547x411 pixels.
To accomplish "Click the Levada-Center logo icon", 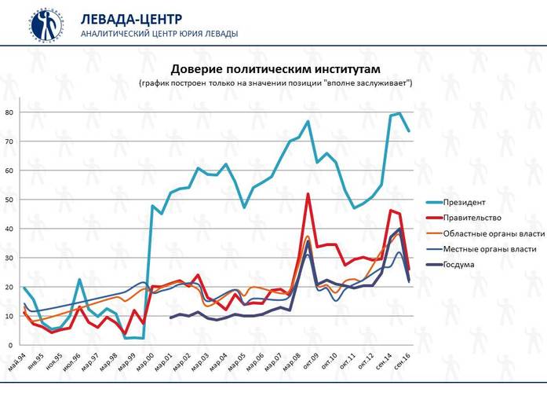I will click(48, 24).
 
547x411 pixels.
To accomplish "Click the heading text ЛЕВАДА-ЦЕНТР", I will click(132, 19).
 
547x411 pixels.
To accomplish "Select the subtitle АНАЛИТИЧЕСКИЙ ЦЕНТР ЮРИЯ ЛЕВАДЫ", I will click(159, 34).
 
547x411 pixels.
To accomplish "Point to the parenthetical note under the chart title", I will click(275, 83).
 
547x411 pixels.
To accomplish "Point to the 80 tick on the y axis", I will click(9, 112).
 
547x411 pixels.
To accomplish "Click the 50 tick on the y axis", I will click(9, 200).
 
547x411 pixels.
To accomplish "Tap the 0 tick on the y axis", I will click(11, 345).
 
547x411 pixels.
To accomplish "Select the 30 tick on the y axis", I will click(9, 258).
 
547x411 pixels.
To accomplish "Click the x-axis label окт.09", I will click(315, 359).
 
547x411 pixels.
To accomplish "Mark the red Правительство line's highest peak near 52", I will click(308, 194).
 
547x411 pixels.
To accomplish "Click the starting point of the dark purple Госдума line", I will click(171, 317).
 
